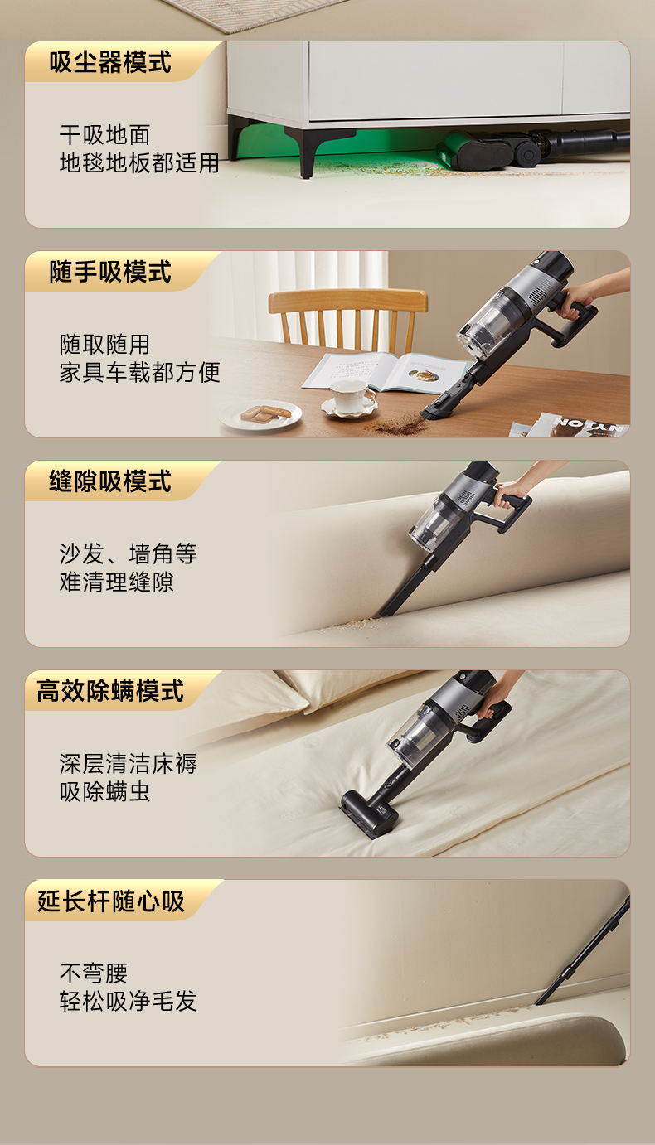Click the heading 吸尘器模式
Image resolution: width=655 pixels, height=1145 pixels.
click(110, 62)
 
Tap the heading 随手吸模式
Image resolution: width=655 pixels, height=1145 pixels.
click(110, 272)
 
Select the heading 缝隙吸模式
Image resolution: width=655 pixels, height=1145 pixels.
click(110, 481)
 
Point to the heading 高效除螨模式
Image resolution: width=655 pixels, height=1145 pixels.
click(110, 691)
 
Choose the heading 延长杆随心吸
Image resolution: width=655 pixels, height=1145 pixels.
click(110, 901)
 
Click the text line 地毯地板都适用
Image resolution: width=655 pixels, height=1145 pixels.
click(139, 163)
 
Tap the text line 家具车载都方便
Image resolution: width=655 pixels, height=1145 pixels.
click(139, 373)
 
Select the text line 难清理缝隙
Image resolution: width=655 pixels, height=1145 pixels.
click(117, 582)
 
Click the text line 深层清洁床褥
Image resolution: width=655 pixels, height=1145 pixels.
click(128, 764)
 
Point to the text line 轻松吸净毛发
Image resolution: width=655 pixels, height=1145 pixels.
click(128, 1002)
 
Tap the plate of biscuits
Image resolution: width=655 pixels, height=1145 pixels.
click(260, 414)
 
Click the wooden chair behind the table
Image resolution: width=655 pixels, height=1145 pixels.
click(348, 318)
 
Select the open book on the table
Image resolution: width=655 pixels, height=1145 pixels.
click(386, 372)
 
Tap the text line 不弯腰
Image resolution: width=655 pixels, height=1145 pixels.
click(93, 973)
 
